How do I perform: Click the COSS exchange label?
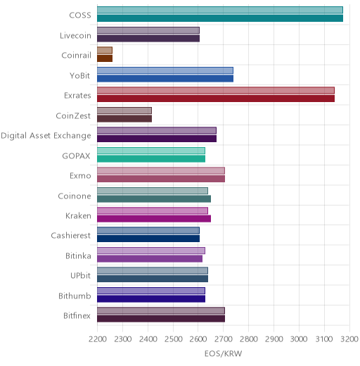80,15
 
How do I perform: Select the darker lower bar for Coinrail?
105,58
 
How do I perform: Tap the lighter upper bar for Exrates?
216,90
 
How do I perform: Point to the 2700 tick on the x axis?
224,339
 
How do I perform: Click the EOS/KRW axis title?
223,353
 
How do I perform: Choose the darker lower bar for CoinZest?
124,119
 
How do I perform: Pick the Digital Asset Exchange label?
46,136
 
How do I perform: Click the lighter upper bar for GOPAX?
151,151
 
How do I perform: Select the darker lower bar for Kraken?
154,219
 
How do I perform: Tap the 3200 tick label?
349,339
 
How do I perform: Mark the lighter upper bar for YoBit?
165,70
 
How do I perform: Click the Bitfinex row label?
77,316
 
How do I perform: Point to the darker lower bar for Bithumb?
151,299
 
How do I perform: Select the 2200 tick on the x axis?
97,339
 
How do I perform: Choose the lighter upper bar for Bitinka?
151,251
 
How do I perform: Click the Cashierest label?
71,236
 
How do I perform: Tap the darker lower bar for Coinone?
154,199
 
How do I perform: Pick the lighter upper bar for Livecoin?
148,30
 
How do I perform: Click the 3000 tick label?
299,339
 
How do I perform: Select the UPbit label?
80,275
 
